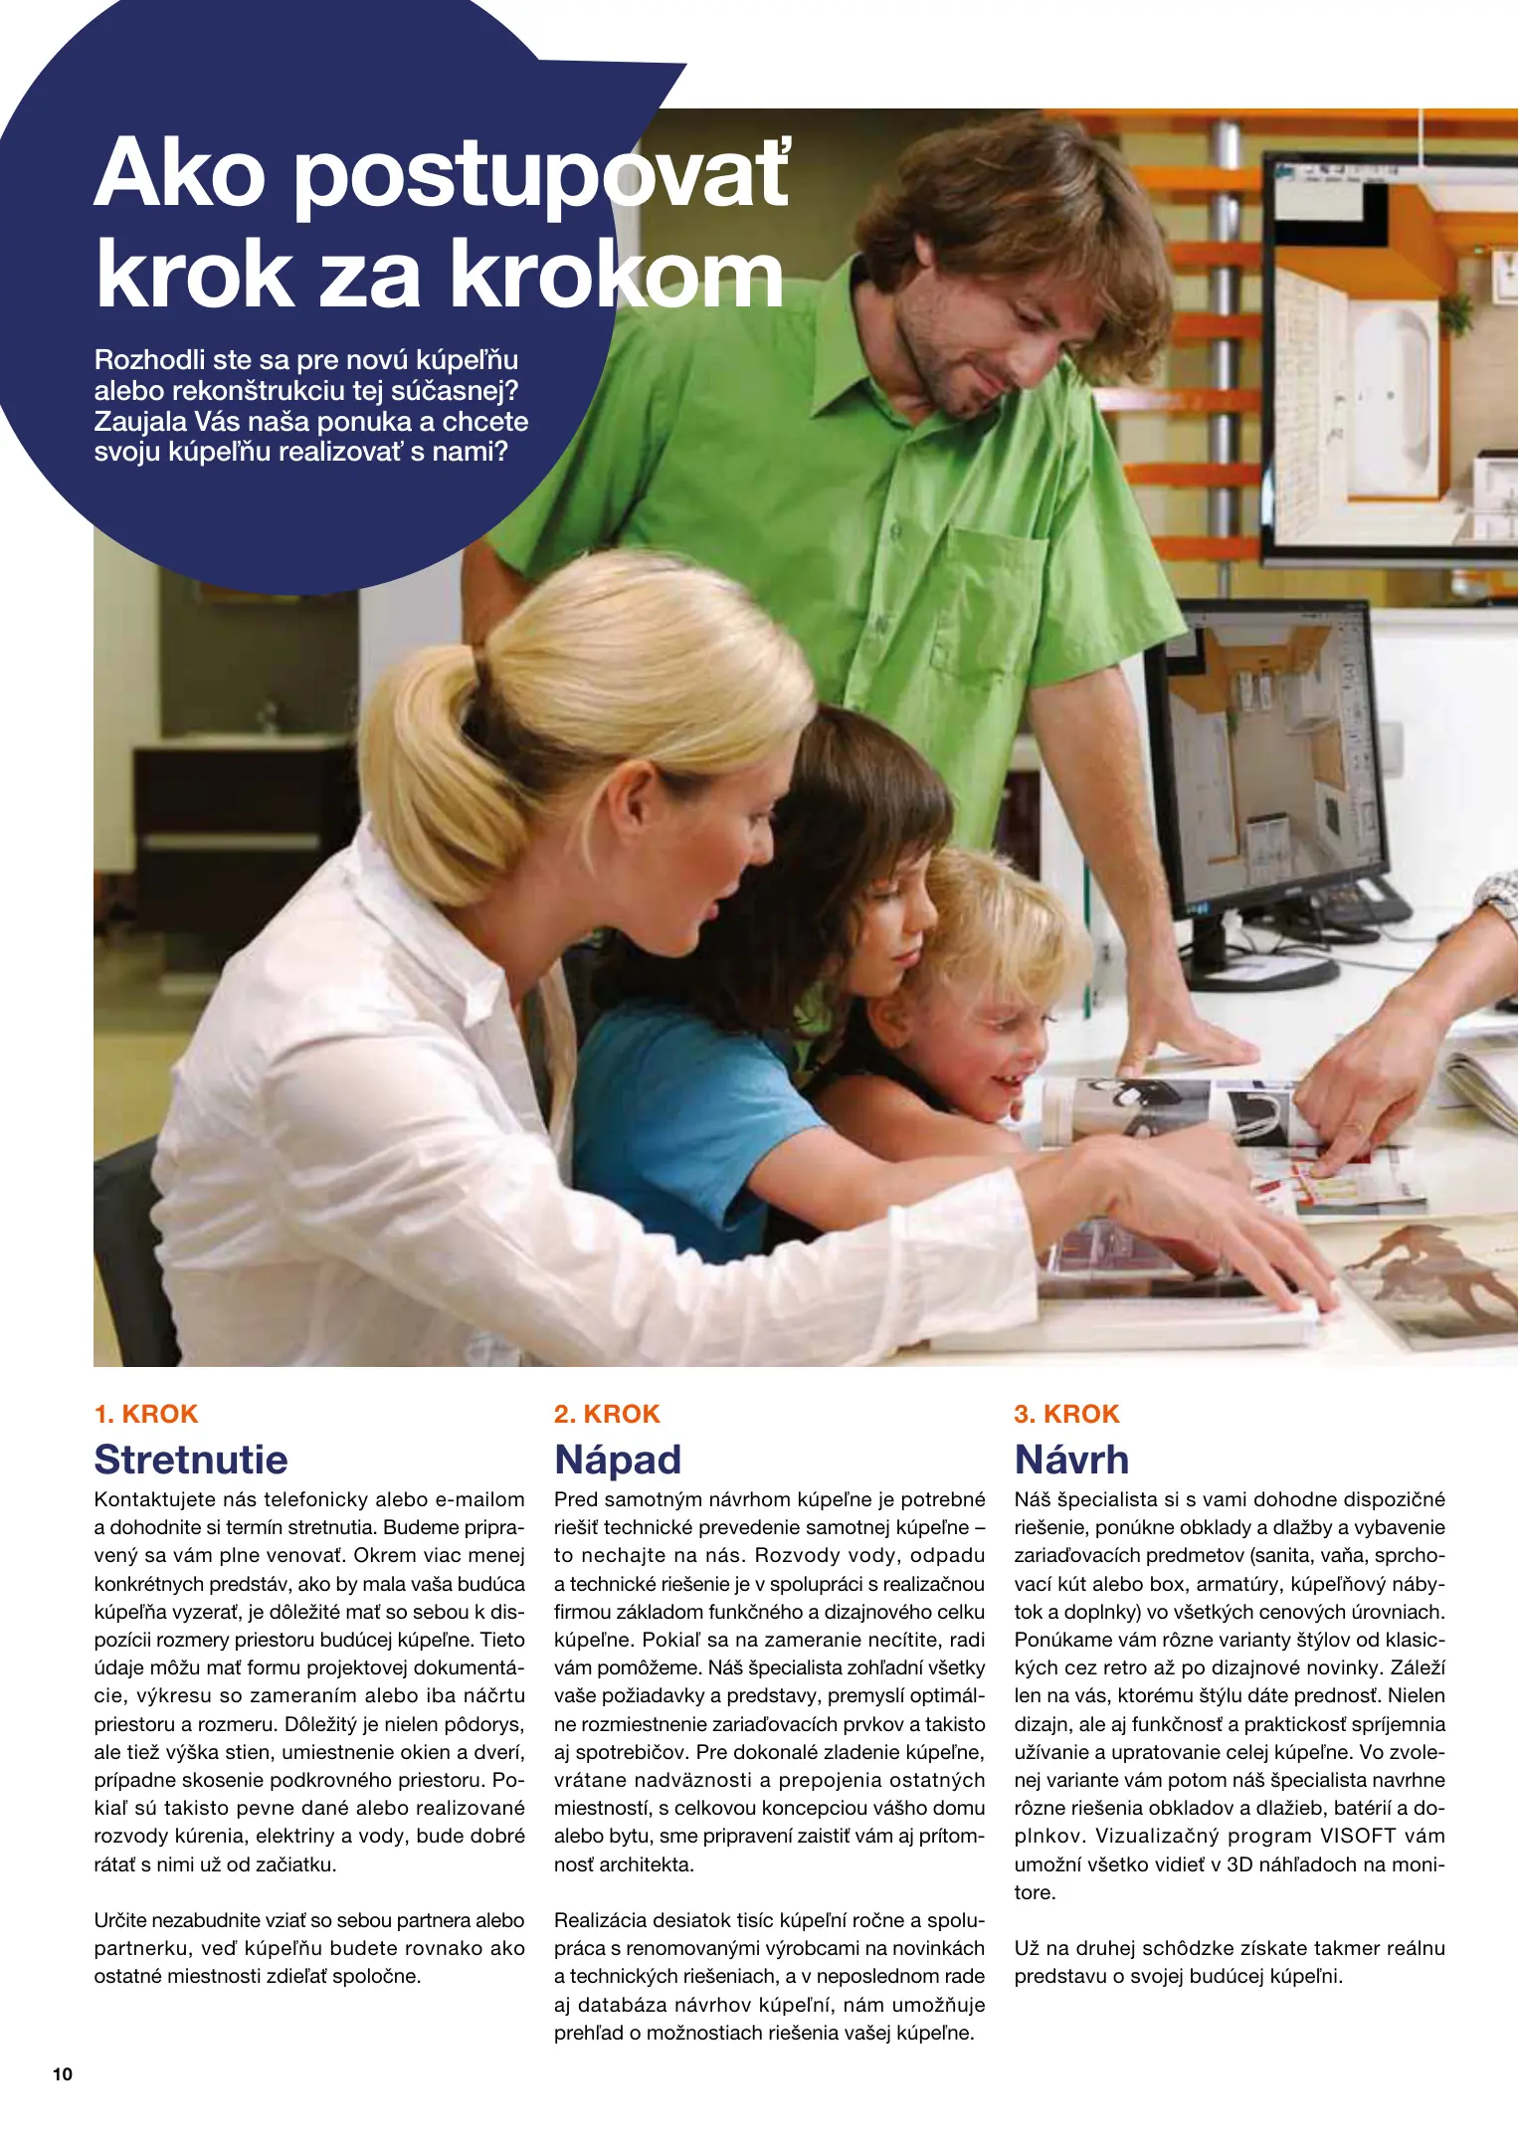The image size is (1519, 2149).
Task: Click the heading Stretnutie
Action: point(191,1460)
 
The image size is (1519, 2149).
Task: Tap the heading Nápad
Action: point(618,1460)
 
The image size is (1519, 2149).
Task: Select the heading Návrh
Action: point(1071,1460)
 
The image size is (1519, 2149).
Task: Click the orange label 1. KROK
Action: point(146,1414)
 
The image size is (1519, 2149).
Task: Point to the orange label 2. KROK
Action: point(607,1414)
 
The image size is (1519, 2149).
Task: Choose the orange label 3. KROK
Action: point(1066,1414)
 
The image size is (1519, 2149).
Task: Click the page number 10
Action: point(63,2074)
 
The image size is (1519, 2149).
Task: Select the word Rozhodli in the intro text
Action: point(149,359)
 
